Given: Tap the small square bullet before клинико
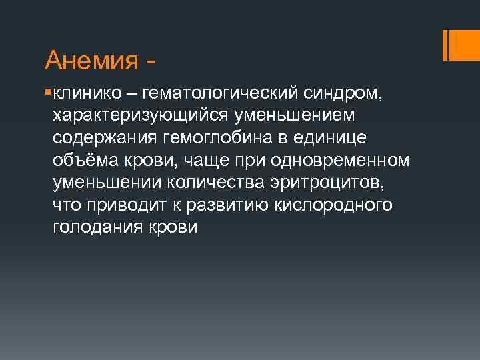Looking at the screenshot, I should (49, 88).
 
